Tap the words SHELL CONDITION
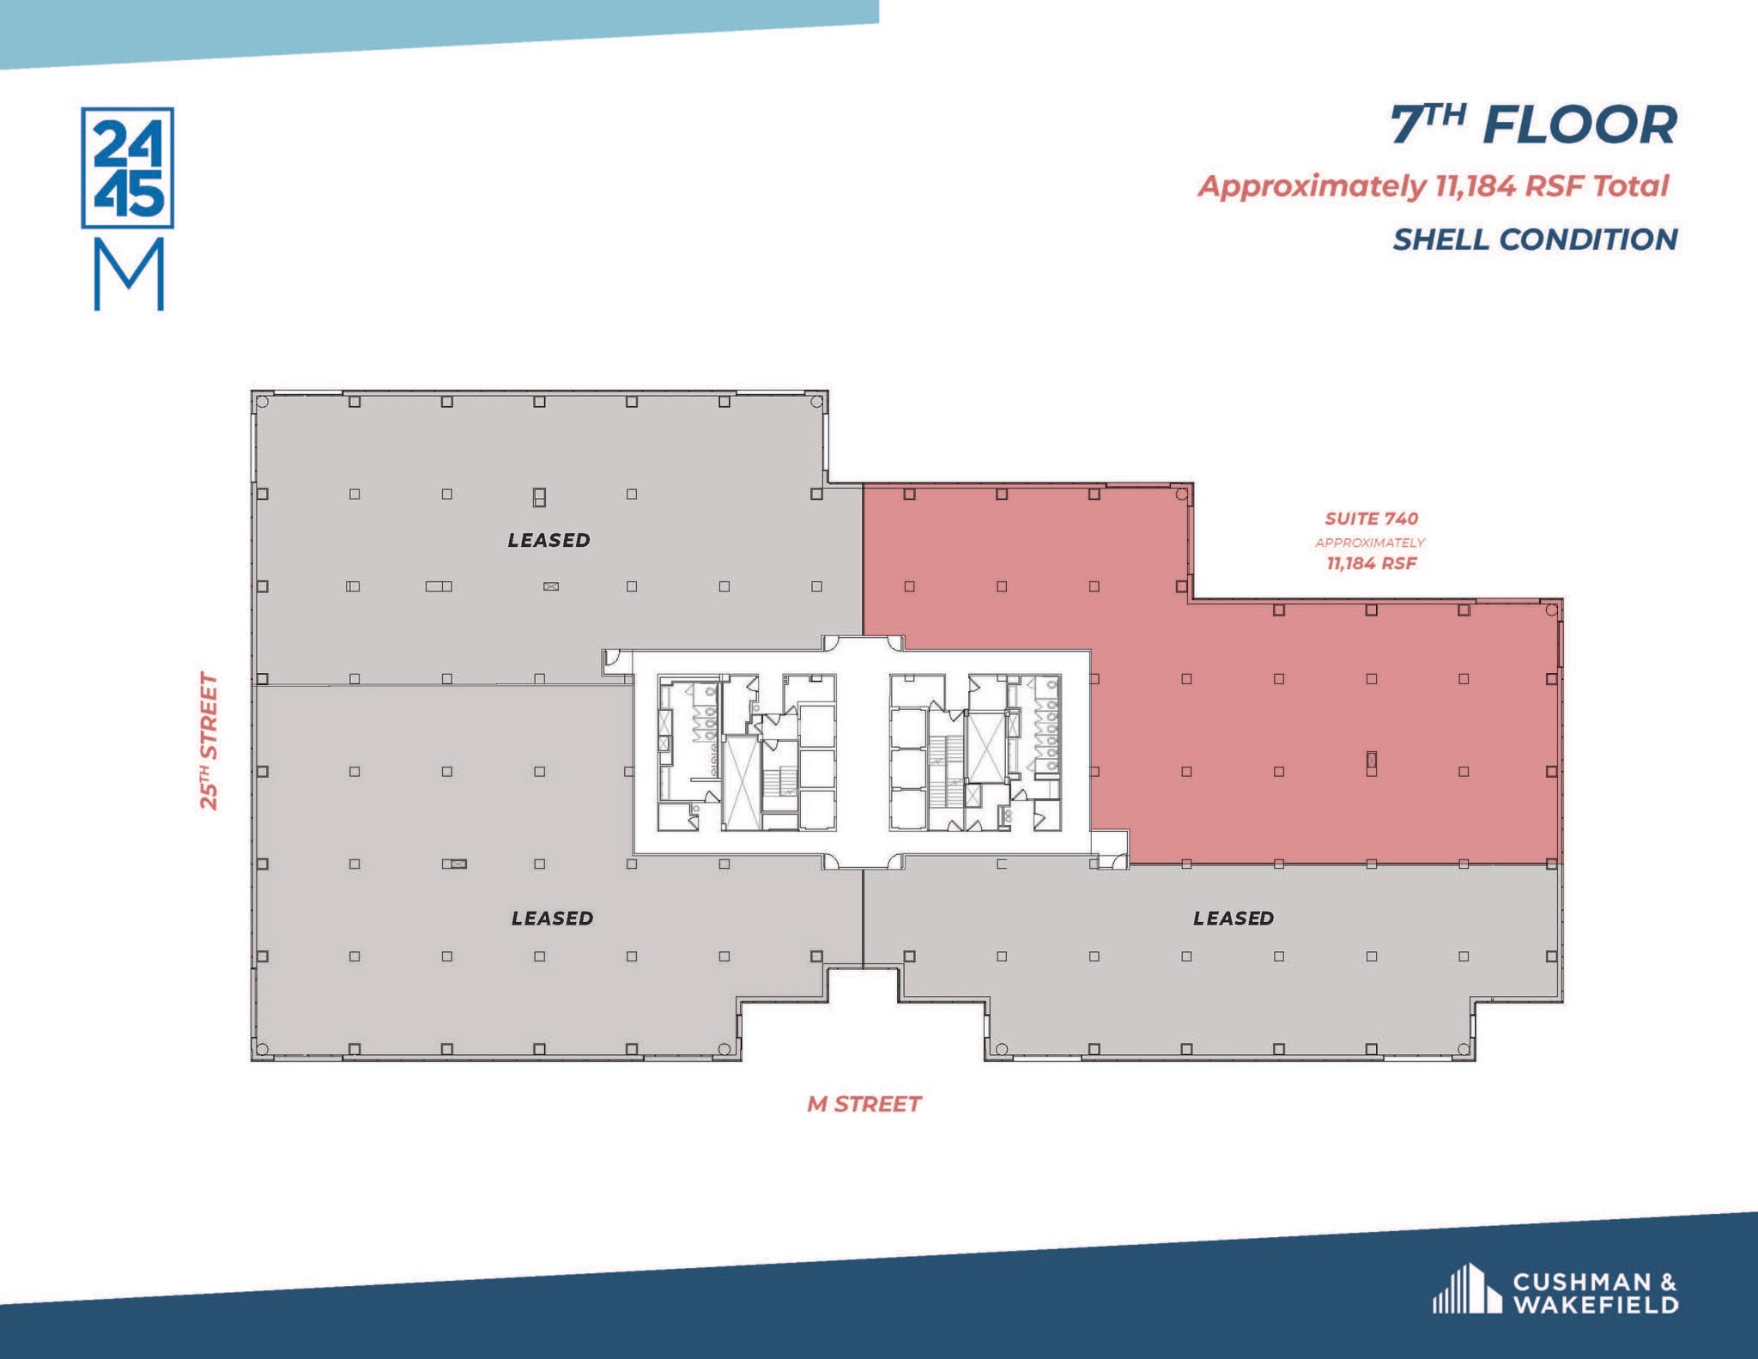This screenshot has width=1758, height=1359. [1535, 240]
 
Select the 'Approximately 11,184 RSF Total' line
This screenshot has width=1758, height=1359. [1433, 186]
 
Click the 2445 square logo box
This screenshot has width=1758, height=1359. [128, 167]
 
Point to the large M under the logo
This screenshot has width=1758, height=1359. [129, 275]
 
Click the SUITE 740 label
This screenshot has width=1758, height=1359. [1371, 519]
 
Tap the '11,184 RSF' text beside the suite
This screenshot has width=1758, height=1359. [1371, 563]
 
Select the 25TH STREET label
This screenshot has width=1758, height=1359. [209, 740]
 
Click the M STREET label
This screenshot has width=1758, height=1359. [864, 1104]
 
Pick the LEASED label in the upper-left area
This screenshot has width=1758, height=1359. [549, 540]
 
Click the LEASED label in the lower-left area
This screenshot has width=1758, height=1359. [552, 918]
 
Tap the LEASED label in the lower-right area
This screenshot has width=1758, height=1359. [1233, 918]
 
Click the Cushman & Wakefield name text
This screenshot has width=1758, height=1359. [1595, 1294]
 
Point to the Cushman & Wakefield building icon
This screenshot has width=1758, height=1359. [1466, 1289]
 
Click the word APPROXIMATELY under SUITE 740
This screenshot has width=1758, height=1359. [1370, 543]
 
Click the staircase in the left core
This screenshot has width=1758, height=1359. [780, 780]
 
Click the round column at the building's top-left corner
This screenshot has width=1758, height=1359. [263, 401]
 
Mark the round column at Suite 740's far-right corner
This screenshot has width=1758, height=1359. [1551, 610]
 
